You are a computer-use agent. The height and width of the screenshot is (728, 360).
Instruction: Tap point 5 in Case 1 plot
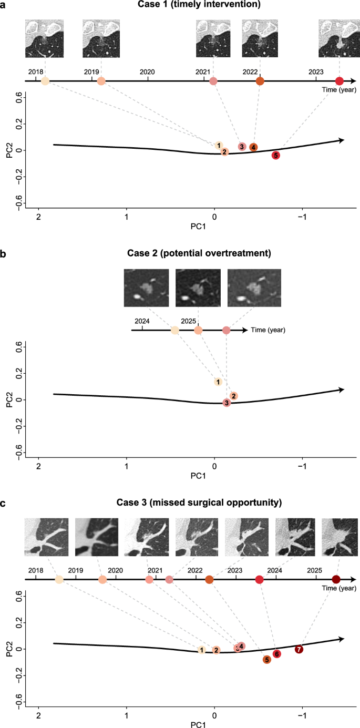pos(275,155)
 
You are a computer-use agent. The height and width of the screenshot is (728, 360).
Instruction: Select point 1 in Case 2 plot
pos(218,382)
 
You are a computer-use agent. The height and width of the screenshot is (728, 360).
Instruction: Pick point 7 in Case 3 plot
pos(299,649)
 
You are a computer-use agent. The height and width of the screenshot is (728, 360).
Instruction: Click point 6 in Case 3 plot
pos(276,654)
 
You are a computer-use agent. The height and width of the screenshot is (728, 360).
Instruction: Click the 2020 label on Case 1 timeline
pos(147,71)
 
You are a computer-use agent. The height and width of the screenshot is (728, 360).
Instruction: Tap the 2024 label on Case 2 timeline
pos(142,321)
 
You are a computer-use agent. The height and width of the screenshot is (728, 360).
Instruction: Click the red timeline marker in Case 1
pos(339,81)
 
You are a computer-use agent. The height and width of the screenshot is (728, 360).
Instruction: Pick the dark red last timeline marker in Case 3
pos(336,579)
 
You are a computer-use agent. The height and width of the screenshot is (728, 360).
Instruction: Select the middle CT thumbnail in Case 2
pos(198,288)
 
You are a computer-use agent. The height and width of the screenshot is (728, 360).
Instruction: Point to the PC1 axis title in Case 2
pos(214,476)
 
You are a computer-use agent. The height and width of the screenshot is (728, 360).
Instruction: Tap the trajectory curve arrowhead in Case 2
pos(342,389)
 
